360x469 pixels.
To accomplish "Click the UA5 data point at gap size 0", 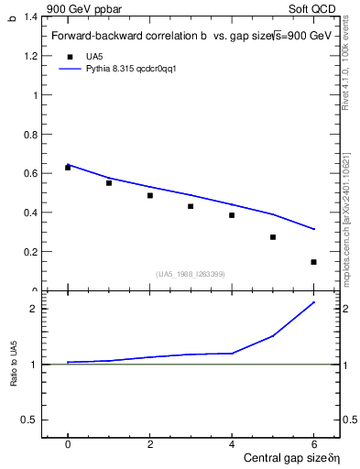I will tap(68, 168).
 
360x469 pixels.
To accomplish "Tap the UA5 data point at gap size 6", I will tap(313, 262).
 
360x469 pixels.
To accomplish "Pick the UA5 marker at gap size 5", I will tap(272, 237).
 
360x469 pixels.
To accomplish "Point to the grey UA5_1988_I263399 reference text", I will tap(191, 274).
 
